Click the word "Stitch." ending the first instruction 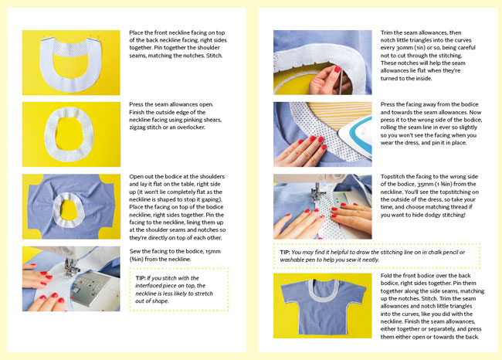click(214, 56)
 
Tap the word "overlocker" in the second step click(191, 127)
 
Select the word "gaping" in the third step click(210, 199)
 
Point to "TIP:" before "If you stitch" click(141, 278)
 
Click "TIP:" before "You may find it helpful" click(285, 252)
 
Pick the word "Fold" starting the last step click(386, 276)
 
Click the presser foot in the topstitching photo click(318, 194)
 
